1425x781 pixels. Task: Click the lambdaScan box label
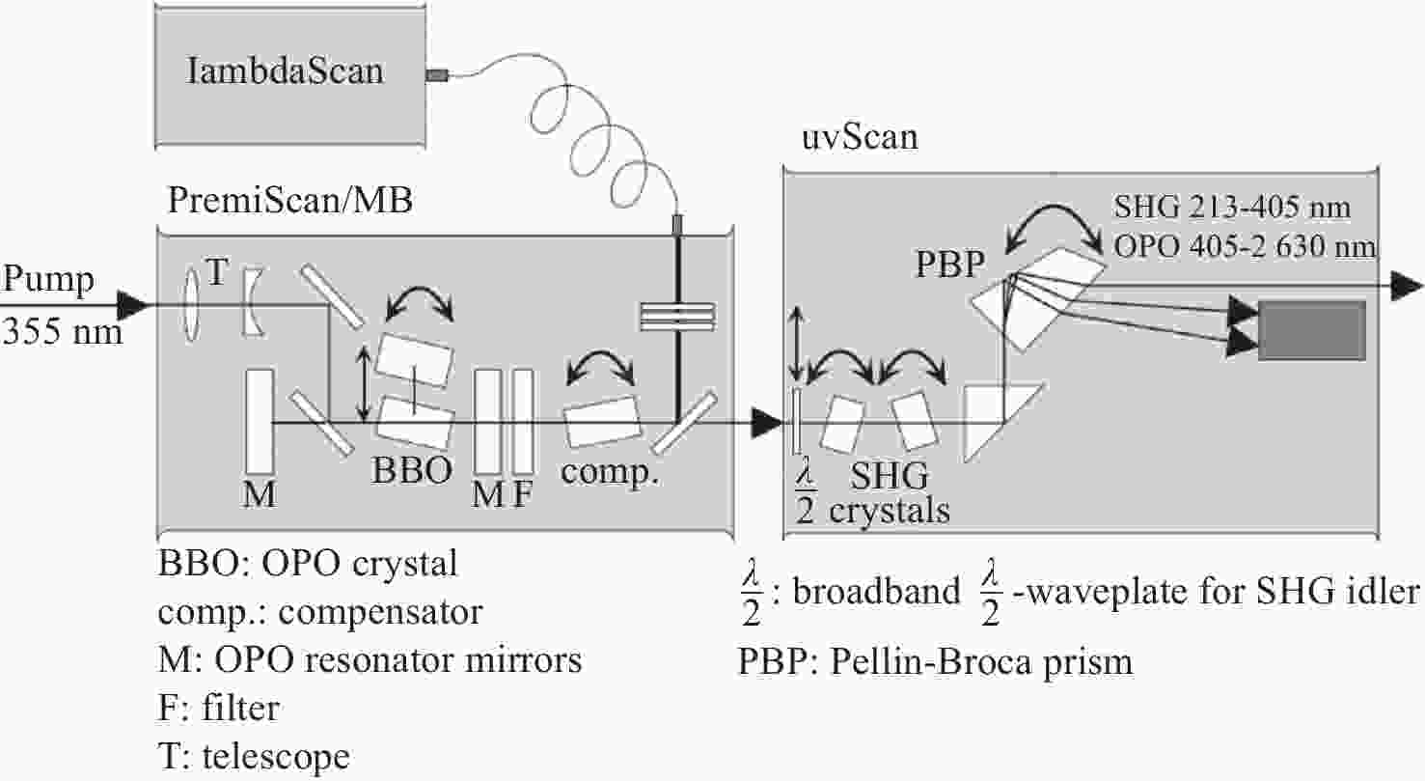click(286, 70)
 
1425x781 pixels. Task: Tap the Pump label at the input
click(48, 279)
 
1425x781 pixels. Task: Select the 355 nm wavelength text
click(63, 332)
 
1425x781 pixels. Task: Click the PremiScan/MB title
click(290, 201)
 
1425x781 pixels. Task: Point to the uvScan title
click(860, 137)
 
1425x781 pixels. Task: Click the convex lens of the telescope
click(191, 304)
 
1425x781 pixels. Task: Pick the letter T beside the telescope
click(216, 272)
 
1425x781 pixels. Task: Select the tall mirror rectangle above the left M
click(260, 421)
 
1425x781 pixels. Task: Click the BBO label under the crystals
click(412, 470)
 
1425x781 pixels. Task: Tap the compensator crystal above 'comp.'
click(602, 421)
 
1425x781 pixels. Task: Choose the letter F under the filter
click(522, 494)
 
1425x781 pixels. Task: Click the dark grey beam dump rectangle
click(1312, 331)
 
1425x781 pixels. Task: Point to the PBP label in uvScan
click(950, 264)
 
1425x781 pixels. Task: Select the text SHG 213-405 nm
click(1232, 208)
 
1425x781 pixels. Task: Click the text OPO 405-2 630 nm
click(1245, 246)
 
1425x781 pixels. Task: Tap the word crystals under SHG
click(890, 511)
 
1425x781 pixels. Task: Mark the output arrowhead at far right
click(1406, 286)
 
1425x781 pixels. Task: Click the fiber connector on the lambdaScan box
click(437, 75)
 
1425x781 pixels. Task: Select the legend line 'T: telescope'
click(254, 756)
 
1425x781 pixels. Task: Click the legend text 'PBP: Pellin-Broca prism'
click(936, 662)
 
